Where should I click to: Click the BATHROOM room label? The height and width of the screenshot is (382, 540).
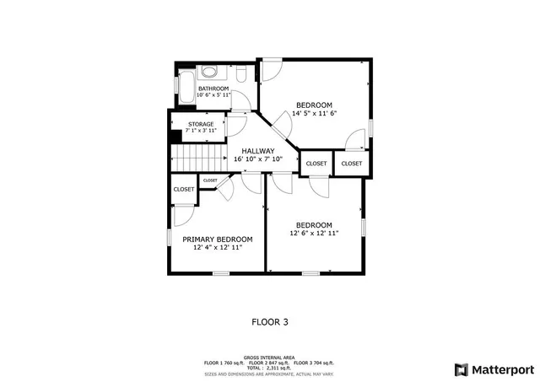click(213, 88)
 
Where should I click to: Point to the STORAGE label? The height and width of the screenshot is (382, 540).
click(200, 124)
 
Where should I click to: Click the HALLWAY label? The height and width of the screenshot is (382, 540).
click(257, 151)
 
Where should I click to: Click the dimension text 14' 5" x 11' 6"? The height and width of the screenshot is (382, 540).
click(315, 113)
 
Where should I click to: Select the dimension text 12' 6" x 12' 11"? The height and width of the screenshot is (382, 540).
click(313, 234)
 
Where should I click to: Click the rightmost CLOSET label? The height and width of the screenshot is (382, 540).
click(352, 163)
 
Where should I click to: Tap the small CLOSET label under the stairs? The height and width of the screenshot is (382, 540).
click(210, 180)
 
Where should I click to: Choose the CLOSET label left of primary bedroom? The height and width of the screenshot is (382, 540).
click(184, 190)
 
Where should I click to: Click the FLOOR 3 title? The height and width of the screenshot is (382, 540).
click(270, 321)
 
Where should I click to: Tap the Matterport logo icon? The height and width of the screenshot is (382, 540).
click(460, 369)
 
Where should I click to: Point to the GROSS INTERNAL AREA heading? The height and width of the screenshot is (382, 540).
click(269, 357)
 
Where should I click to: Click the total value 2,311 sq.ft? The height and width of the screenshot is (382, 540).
click(278, 368)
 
